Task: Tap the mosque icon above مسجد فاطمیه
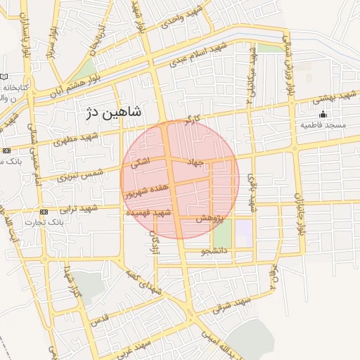point(323,114)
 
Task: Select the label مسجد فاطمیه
point(323,125)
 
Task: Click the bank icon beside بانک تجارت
point(44,212)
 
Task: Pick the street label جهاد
point(195,162)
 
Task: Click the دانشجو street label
point(214,250)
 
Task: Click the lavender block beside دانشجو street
point(243,233)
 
